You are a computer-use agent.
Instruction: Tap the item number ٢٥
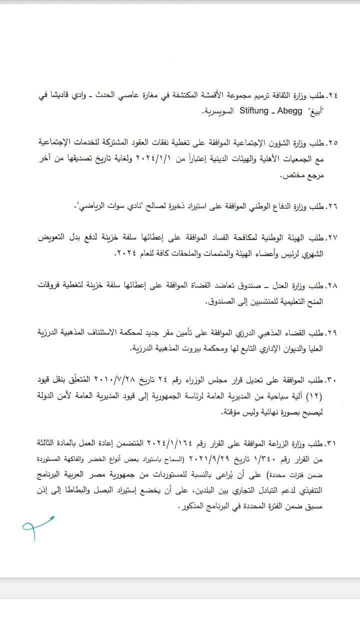[x=331, y=143]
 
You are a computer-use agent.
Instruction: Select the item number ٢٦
[x=331, y=205]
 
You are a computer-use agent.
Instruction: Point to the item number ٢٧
[x=331, y=238]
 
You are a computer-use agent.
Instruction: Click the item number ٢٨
[x=331, y=285]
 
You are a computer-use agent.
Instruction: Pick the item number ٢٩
[x=331, y=332]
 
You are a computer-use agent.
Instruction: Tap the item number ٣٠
[x=331, y=381]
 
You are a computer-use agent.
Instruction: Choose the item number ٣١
[x=331, y=443]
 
